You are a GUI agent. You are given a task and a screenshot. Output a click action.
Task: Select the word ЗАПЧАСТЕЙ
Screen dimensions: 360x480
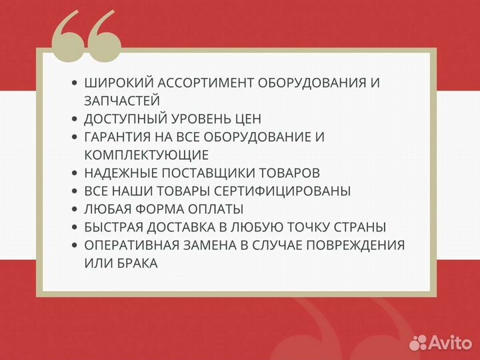point(122,101)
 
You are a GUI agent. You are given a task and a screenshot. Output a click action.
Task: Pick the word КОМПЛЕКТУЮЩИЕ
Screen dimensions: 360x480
point(147,155)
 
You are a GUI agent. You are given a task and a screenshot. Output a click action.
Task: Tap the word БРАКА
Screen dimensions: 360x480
point(134,263)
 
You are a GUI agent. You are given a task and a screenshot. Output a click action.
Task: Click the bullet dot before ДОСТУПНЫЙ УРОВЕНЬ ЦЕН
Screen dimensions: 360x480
point(74,119)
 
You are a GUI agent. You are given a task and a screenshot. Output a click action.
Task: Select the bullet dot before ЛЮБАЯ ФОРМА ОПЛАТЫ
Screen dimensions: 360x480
point(74,209)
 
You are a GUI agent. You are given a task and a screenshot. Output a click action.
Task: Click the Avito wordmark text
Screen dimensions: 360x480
point(450,342)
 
